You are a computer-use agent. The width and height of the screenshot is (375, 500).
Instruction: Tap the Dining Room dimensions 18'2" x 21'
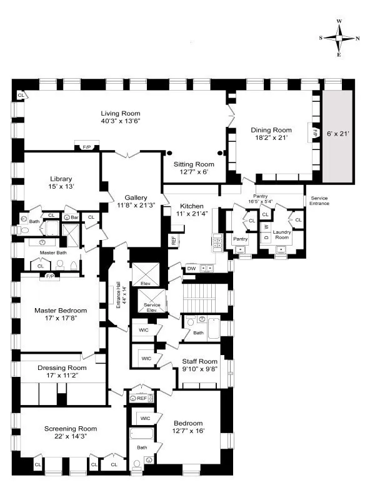click(x=271, y=139)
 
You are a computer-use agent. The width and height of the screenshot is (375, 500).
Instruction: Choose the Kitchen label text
click(x=192, y=206)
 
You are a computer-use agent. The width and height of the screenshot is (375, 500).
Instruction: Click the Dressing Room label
click(x=61, y=368)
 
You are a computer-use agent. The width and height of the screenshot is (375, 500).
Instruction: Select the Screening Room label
click(x=71, y=428)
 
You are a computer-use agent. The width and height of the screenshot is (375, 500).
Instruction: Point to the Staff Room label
click(x=199, y=361)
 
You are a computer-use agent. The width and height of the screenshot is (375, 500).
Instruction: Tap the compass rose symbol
click(x=339, y=37)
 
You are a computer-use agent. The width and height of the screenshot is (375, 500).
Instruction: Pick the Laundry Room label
click(x=281, y=234)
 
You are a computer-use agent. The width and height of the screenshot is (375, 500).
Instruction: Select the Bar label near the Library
click(x=75, y=217)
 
